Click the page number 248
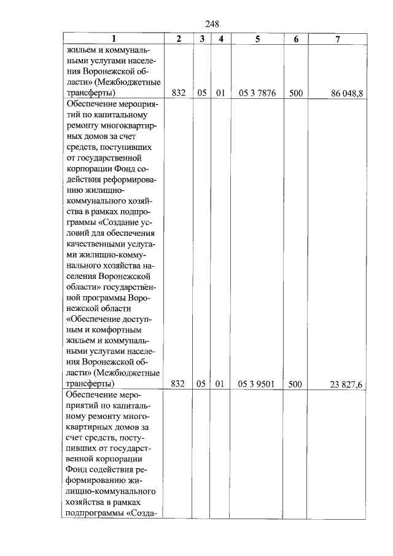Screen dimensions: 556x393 point(212,24)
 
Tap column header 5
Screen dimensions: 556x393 point(257,39)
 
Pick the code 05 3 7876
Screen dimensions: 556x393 point(257,93)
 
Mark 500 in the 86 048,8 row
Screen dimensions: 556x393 point(296,93)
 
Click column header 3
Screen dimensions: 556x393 point(201,39)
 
